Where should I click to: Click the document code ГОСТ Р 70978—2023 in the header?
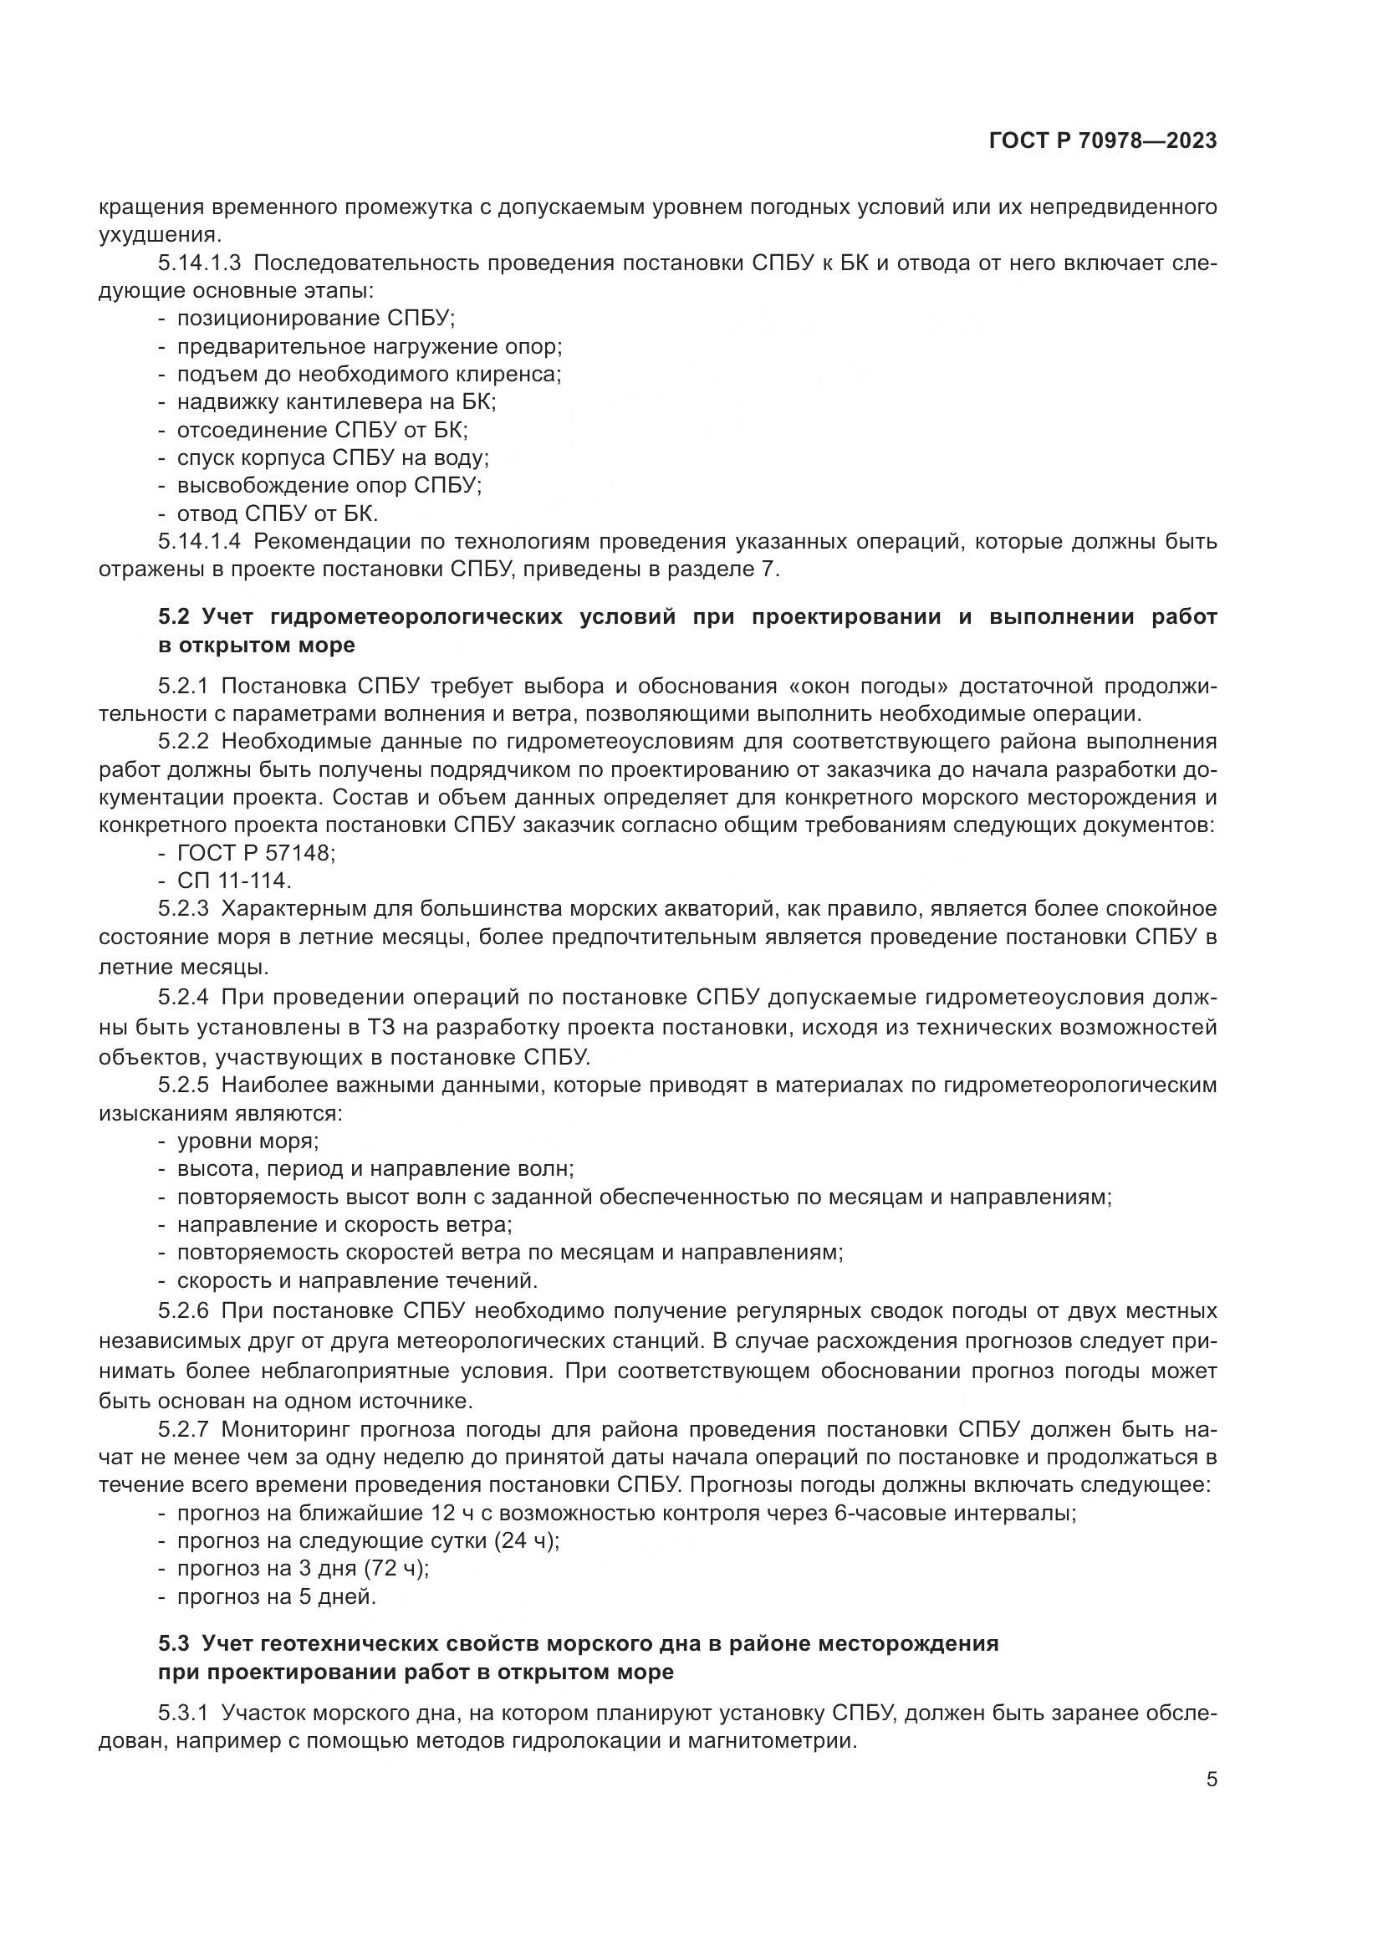(1103, 141)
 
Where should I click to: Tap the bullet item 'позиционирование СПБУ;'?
(316, 319)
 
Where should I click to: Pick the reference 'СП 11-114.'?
(234, 881)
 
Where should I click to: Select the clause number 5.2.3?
(183, 909)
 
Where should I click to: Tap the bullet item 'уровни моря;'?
(248, 1141)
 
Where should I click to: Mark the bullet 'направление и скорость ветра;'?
(344, 1225)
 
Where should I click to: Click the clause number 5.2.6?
(183, 1310)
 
